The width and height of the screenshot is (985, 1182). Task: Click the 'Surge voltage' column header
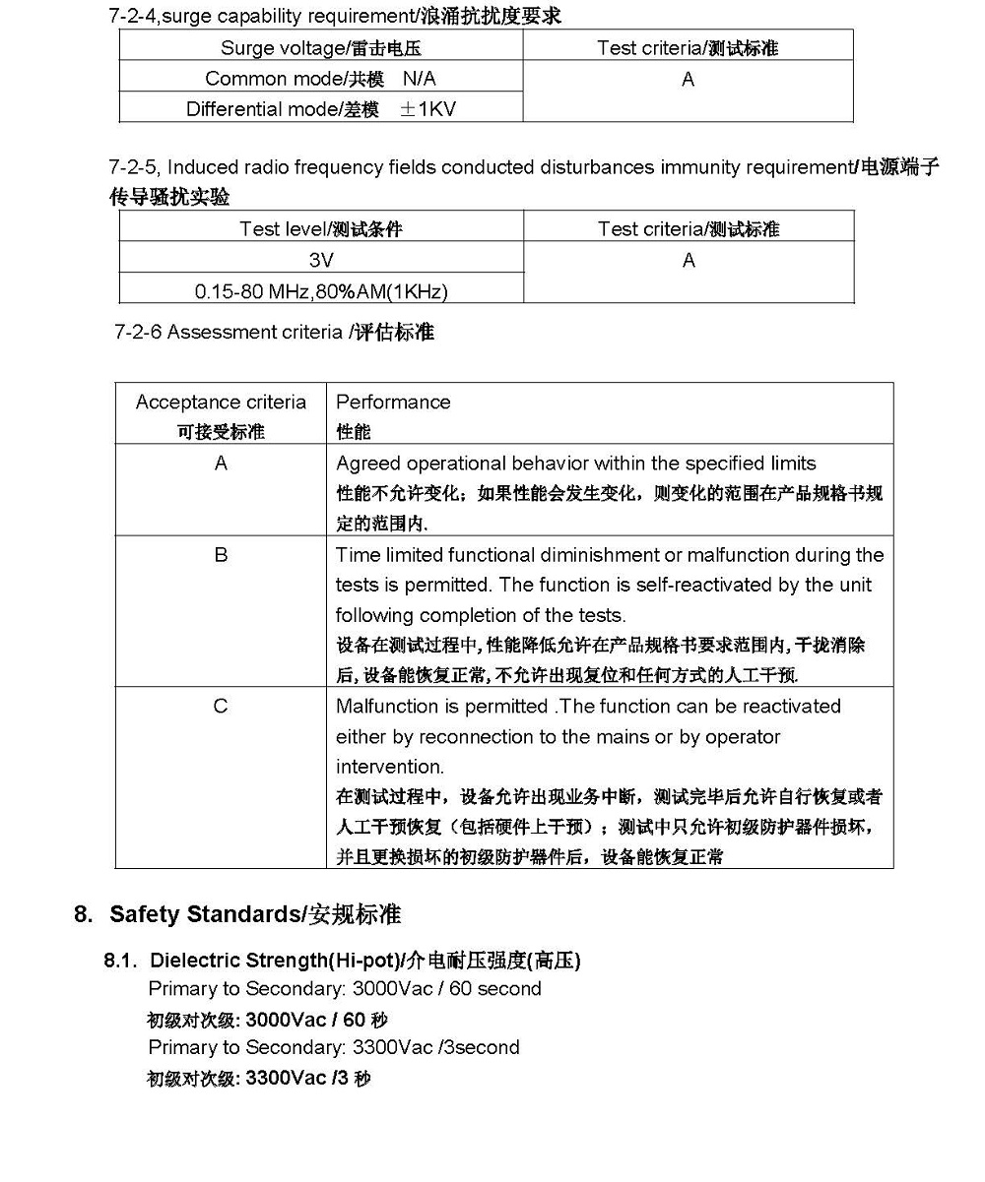click(x=321, y=47)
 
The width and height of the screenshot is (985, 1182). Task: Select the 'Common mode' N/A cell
click(x=320, y=79)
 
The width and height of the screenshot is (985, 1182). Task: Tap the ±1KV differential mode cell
click(x=321, y=109)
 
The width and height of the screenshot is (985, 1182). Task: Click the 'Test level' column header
click(x=321, y=229)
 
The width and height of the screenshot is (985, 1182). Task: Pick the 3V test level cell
click(x=321, y=261)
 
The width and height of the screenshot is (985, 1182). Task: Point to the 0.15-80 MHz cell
click(x=321, y=291)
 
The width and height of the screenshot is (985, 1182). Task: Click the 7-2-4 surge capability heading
click(x=335, y=17)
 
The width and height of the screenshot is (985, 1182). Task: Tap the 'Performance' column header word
click(x=393, y=403)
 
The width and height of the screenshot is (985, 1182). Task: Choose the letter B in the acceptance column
click(x=221, y=555)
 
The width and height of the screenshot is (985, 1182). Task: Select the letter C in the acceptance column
click(x=221, y=707)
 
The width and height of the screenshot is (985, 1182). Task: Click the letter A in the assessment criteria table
click(x=221, y=464)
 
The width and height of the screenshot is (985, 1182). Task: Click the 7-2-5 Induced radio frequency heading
click(x=522, y=168)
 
